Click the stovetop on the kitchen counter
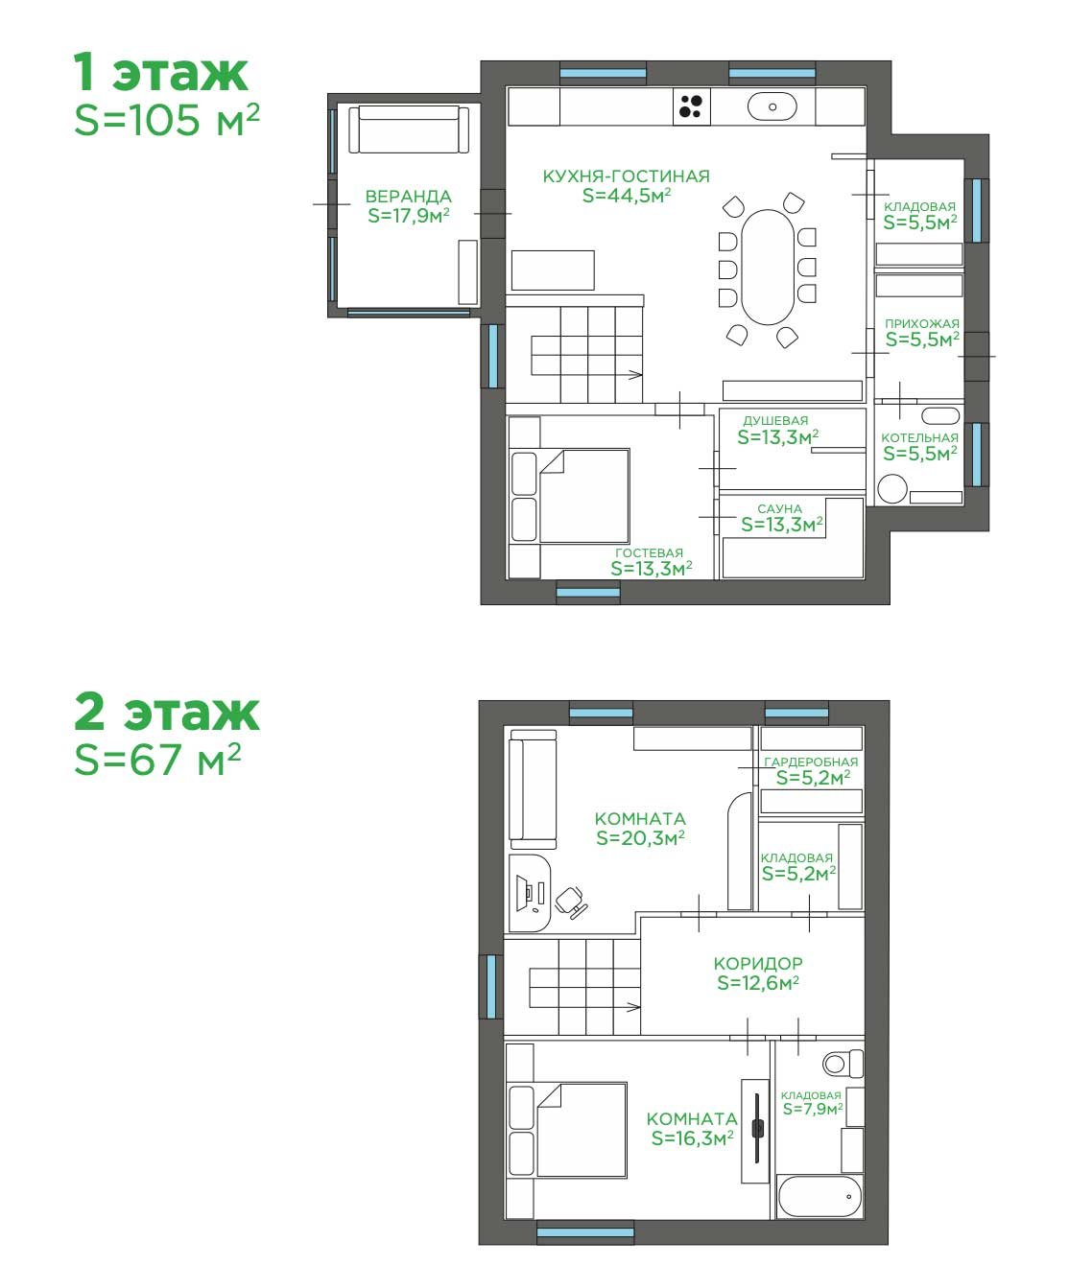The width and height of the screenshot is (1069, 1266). point(691,106)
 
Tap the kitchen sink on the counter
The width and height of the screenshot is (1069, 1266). point(772,106)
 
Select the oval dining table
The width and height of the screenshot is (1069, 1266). point(768,267)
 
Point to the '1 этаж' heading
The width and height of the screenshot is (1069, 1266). point(161,73)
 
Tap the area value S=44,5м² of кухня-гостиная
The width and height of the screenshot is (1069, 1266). point(627,196)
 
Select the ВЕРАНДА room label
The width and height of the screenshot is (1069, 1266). point(408,197)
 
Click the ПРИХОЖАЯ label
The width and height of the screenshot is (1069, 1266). point(921,324)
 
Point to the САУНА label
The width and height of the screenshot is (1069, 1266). point(779,508)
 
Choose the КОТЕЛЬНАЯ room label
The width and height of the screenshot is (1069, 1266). point(919,437)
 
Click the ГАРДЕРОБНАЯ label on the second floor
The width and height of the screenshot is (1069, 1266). point(811,762)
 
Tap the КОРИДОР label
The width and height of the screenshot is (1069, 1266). point(758,964)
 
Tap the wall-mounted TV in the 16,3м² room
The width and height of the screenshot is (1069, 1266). point(756,1129)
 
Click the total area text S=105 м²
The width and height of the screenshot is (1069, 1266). point(167,120)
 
